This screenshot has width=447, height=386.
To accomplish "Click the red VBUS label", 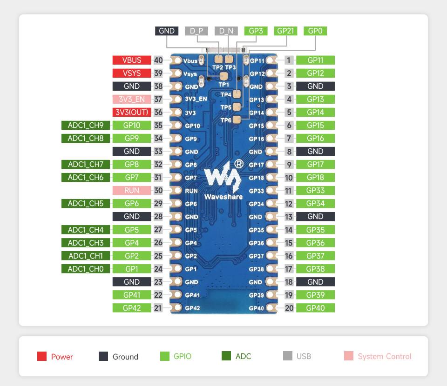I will (x=132, y=60).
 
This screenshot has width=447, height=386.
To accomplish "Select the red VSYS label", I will (x=132, y=73).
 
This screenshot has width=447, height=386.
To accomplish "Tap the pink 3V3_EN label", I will (x=132, y=99).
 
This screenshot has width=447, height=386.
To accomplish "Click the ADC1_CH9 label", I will (x=82, y=125).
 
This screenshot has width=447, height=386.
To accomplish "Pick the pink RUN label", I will (x=132, y=190).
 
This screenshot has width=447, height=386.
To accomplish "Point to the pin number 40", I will (x=158, y=60).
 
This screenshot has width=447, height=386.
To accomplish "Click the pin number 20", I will (x=289, y=308).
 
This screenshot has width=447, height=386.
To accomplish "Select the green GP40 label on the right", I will (x=315, y=308).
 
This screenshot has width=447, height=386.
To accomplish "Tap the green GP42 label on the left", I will (x=132, y=308).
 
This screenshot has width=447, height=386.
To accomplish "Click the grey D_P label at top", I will (x=196, y=31).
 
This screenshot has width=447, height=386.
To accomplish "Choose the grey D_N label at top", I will (x=226, y=31).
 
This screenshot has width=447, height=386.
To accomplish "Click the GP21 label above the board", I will (x=285, y=31).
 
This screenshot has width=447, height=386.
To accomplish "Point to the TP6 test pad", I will (x=237, y=120).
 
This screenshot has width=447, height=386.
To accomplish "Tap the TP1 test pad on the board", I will (x=223, y=77).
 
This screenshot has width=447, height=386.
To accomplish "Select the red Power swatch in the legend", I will (x=42, y=356).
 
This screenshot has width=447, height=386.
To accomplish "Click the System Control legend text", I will (x=385, y=356).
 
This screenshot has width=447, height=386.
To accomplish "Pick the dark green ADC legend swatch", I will (x=226, y=356).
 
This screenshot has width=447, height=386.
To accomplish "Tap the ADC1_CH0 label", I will (x=82, y=269).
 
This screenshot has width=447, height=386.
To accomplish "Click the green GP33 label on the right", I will (x=315, y=190).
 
